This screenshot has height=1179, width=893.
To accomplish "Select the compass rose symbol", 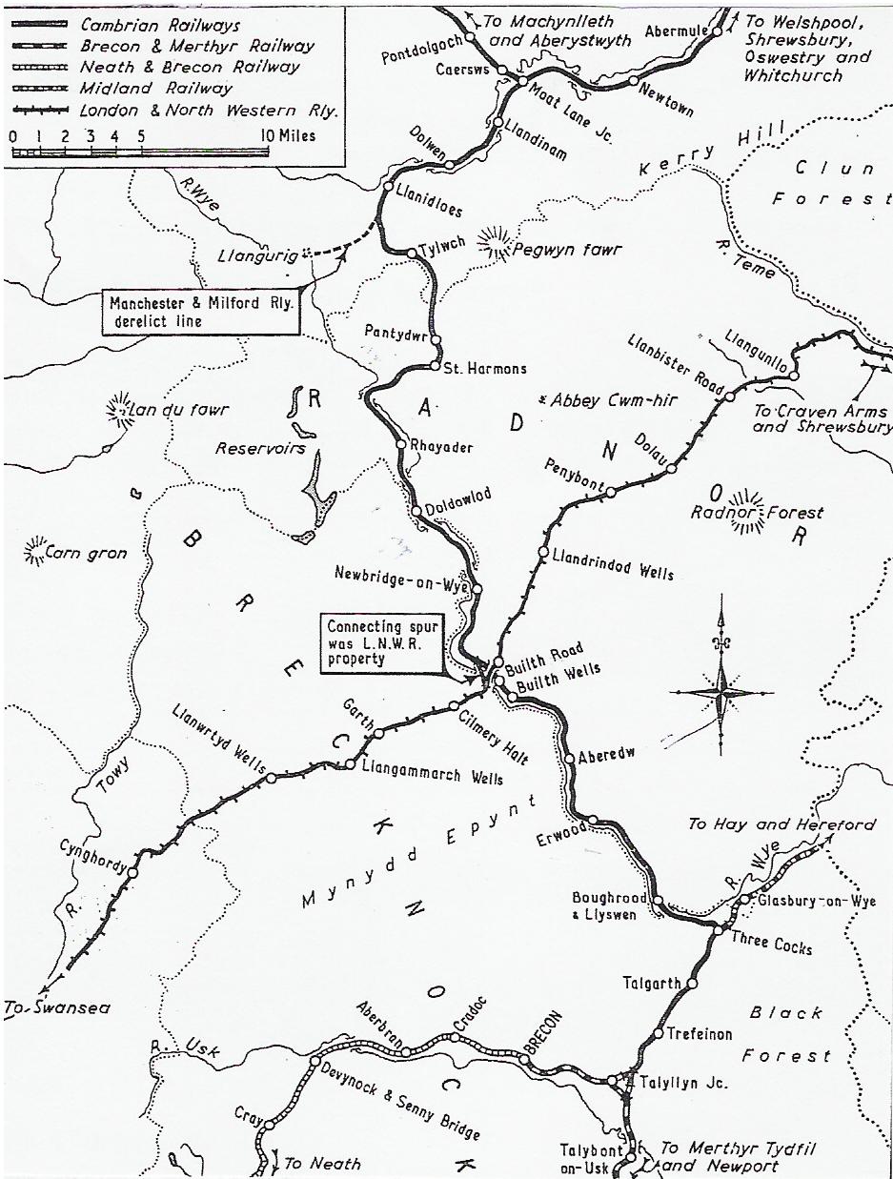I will [722, 690].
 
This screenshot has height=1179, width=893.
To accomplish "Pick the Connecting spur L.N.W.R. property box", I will [384, 642].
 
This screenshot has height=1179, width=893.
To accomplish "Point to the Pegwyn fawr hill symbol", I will [495, 244].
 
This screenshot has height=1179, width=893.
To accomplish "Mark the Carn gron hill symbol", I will [37, 550].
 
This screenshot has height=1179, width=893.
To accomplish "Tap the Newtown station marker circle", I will [633, 81].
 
